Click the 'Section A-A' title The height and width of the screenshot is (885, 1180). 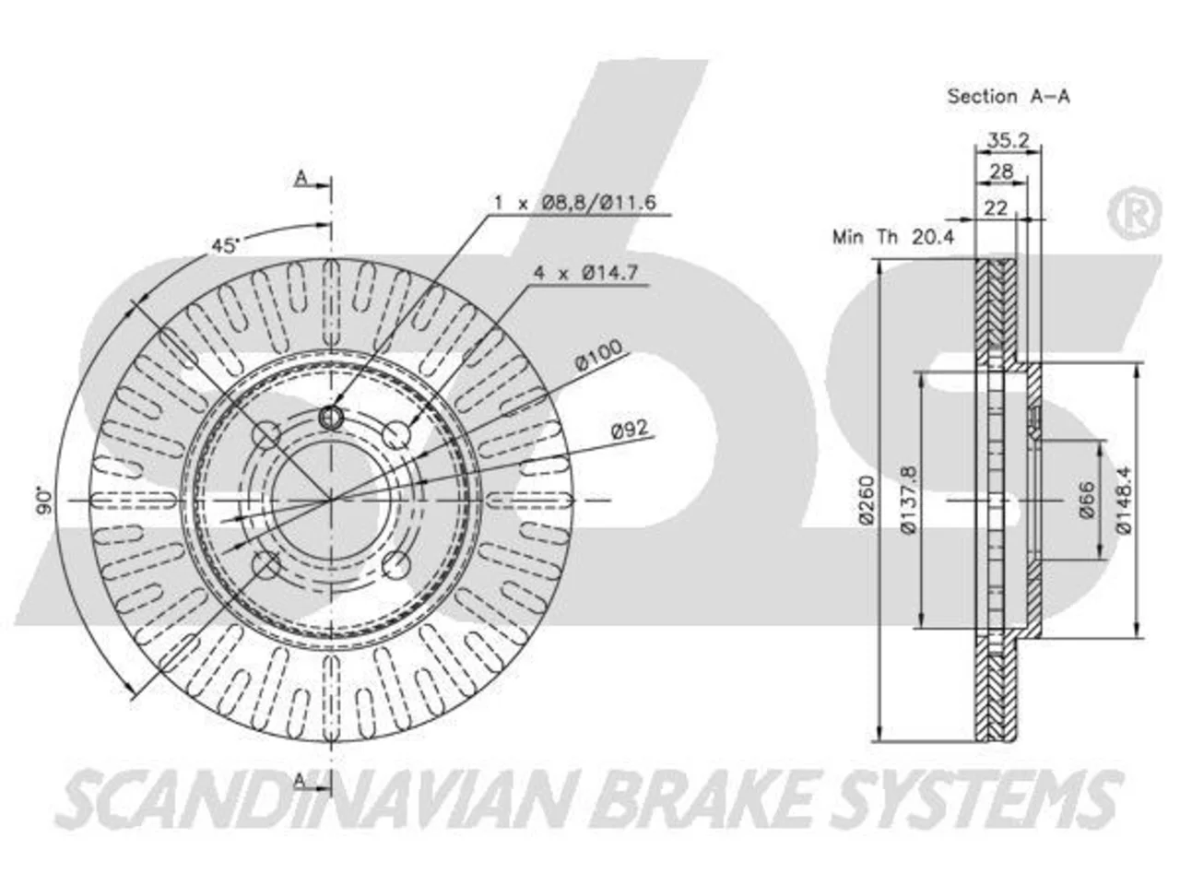(1008, 97)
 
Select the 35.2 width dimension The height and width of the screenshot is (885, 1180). (1008, 140)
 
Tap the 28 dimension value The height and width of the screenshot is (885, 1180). (1001, 171)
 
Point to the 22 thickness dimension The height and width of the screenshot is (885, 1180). (995, 208)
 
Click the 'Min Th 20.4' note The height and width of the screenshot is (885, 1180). (892, 236)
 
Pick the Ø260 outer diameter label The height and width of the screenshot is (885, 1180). (867, 499)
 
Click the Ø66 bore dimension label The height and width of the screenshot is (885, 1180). (1086, 499)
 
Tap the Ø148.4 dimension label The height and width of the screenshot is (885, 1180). (1123, 500)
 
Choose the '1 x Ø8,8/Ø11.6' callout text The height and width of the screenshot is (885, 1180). (574, 203)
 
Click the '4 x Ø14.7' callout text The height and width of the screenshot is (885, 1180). (585, 273)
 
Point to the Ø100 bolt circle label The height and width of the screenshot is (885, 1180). (598, 355)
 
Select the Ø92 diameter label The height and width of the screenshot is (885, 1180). (630, 429)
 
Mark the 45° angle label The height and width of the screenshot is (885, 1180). (224, 245)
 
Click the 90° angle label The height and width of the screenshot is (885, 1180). (44, 501)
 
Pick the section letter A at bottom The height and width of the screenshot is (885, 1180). (301, 782)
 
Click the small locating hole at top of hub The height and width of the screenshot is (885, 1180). (331, 417)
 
